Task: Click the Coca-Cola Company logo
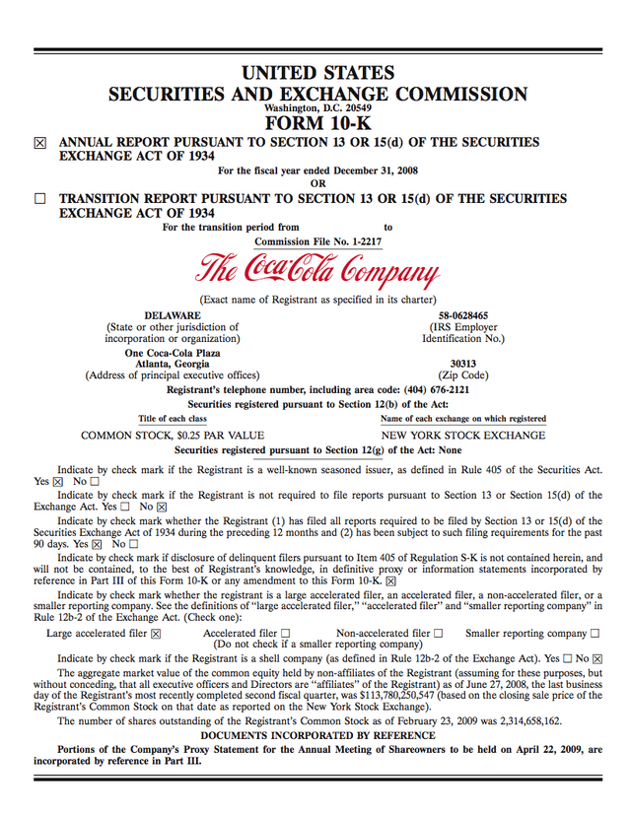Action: (x=316, y=269)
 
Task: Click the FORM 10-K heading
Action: (x=316, y=123)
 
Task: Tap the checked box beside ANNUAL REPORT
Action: (x=40, y=143)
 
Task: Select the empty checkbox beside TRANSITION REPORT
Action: (x=40, y=199)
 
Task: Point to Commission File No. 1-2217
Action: (x=317, y=241)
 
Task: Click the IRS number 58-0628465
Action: (x=463, y=315)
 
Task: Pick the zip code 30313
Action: (x=463, y=363)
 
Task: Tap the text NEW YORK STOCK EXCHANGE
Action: (x=463, y=435)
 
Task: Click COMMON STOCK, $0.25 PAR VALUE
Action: (x=173, y=435)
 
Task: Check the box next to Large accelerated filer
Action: (x=156, y=634)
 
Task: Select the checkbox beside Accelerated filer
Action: (x=286, y=634)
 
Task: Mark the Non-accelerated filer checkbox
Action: (x=438, y=634)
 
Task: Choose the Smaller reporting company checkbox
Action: (x=595, y=634)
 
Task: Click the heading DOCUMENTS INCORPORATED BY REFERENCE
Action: (x=316, y=736)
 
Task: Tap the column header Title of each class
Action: (x=173, y=418)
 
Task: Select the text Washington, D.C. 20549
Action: (x=316, y=107)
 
